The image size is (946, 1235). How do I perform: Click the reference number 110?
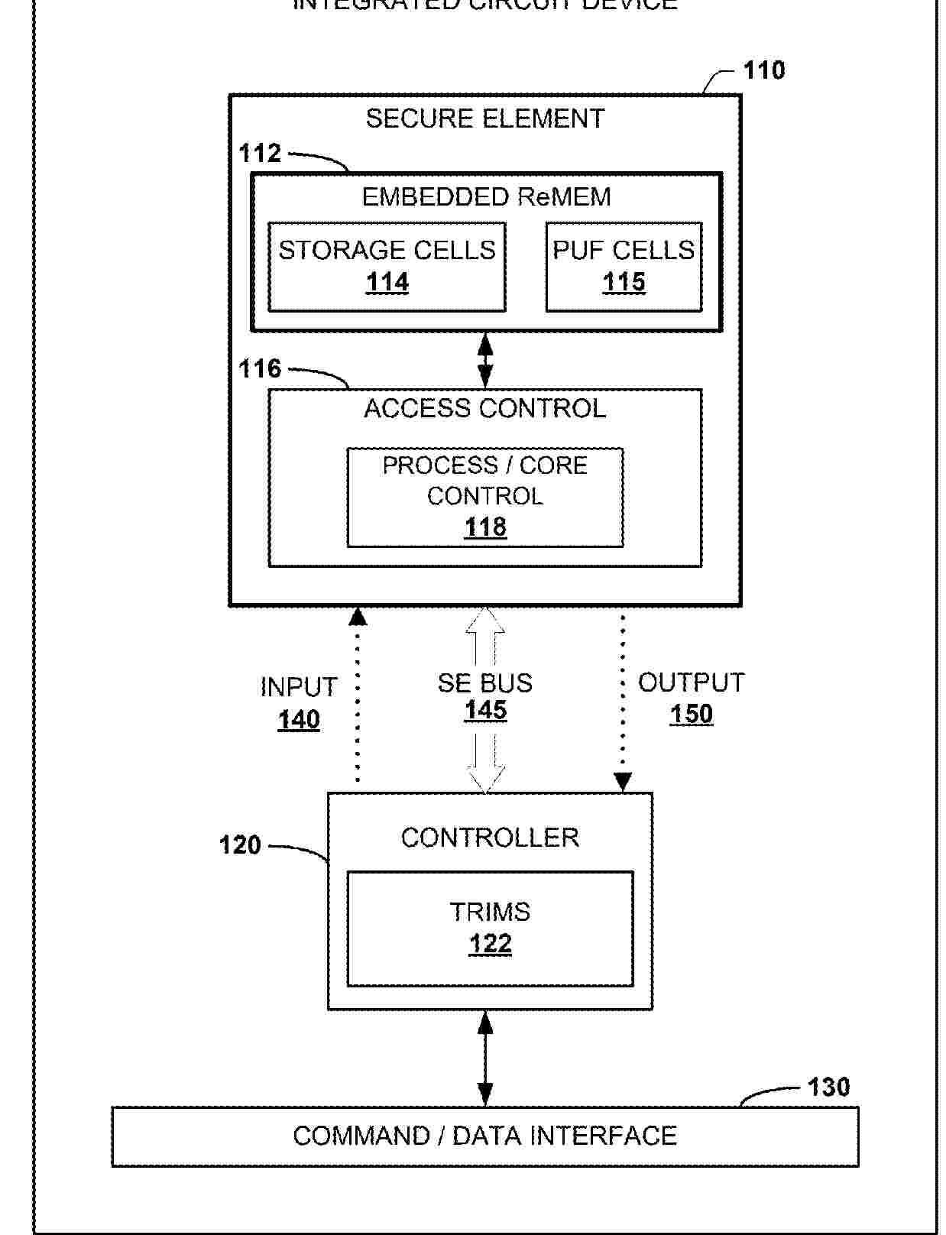coord(763,70)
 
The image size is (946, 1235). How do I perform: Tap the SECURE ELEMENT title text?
coord(484,118)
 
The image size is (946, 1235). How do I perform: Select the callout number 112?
coord(260,154)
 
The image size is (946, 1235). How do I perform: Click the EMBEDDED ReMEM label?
coord(486,197)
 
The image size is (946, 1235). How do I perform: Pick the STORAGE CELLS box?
coord(387,267)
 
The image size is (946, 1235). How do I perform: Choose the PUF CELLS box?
coord(624,267)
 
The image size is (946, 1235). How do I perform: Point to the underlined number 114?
coord(387,283)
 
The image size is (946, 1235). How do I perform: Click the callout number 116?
coord(260,369)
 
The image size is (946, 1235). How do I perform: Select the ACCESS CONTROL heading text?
coord(484,409)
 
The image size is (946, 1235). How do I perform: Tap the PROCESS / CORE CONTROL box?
coord(484,498)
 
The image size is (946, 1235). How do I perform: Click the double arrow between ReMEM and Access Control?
coord(484,361)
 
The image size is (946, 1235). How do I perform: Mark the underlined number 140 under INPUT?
coord(299,720)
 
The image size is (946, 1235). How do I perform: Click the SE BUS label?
coord(484,682)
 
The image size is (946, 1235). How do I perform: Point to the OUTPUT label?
coord(691,682)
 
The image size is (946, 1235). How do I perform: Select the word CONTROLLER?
coord(490,838)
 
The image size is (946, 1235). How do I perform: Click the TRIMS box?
coord(490,929)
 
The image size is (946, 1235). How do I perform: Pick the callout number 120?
coord(240,845)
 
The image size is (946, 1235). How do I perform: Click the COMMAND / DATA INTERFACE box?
coord(484,1136)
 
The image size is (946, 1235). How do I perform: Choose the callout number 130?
coord(828,1087)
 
